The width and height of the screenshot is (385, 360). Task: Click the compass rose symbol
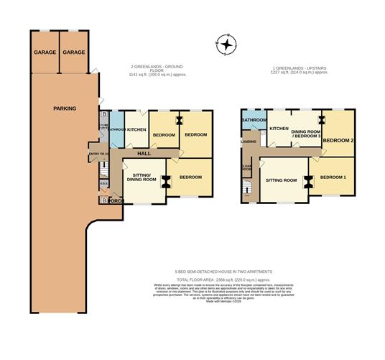click(x=226, y=45)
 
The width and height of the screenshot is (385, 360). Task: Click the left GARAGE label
click(x=45, y=52)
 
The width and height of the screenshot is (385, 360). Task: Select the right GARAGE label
click(x=73, y=52)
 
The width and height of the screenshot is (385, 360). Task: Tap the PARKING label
click(x=65, y=109)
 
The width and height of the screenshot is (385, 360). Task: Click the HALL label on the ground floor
click(x=143, y=154)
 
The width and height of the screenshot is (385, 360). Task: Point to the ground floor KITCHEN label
click(x=137, y=130)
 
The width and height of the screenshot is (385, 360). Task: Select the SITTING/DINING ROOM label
click(x=141, y=175)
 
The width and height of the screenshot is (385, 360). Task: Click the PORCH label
click(x=117, y=200)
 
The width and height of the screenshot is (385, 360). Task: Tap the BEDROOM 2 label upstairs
click(x=338, y=140)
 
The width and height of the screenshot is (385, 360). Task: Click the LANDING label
click(x=249, y=142)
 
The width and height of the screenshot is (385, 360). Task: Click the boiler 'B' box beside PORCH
click(x=104, y=201)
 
